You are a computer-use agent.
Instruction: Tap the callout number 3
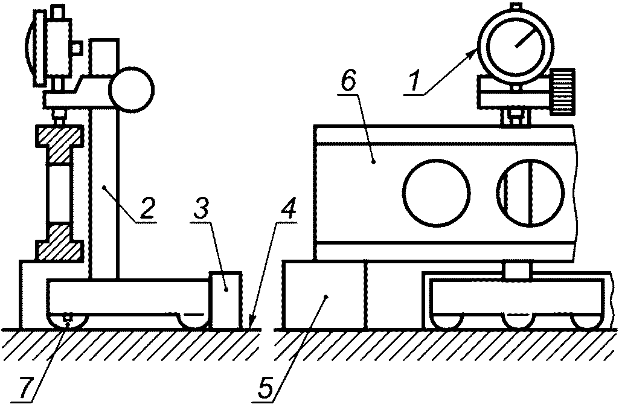tap(204, 210)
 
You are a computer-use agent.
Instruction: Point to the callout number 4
tap(289, 210)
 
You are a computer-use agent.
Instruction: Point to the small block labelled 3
tap(226, 299)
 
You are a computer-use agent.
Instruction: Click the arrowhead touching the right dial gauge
tap(473, 54)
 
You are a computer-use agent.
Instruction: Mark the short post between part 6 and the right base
tap(518, 271)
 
